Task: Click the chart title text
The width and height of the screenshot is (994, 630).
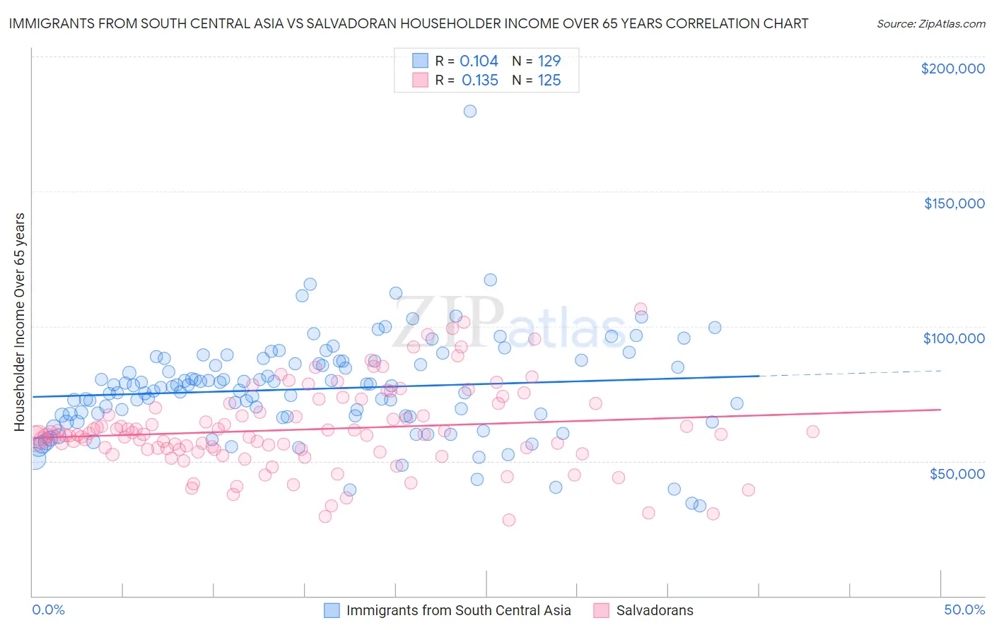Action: (408, 23)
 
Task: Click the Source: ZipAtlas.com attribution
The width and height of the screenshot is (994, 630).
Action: (930, 23)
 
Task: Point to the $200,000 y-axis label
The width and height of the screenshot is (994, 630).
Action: (952, 69)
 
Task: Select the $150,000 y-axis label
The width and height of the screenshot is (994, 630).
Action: (954, 203)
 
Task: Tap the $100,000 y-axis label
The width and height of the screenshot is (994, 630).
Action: (954, 338)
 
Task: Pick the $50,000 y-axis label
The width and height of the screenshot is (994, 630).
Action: (957, 473)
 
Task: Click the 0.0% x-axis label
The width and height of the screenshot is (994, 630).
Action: (48, 610)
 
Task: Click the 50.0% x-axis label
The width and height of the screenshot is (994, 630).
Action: (964, 610)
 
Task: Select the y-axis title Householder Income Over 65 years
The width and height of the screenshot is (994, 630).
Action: (19, 321)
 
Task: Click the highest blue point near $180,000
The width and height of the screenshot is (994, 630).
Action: (469, 111)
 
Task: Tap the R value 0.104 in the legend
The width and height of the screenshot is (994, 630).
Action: (479, 61)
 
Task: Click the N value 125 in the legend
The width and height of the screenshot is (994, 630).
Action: (549, 81)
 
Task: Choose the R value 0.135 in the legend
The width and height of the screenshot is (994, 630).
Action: (479, 81)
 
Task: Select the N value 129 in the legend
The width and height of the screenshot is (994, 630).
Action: (549, 61)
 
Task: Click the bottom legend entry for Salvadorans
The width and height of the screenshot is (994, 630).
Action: (654, 610)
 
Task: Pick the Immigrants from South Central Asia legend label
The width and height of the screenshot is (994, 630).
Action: (458, 610)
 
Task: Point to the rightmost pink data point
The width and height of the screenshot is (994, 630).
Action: (812, 432)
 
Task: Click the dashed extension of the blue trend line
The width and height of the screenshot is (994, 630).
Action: (848, 373)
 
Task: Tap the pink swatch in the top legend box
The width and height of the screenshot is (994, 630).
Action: (420, 80)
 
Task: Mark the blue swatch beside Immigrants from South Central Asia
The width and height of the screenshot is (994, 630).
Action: (332, 610)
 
